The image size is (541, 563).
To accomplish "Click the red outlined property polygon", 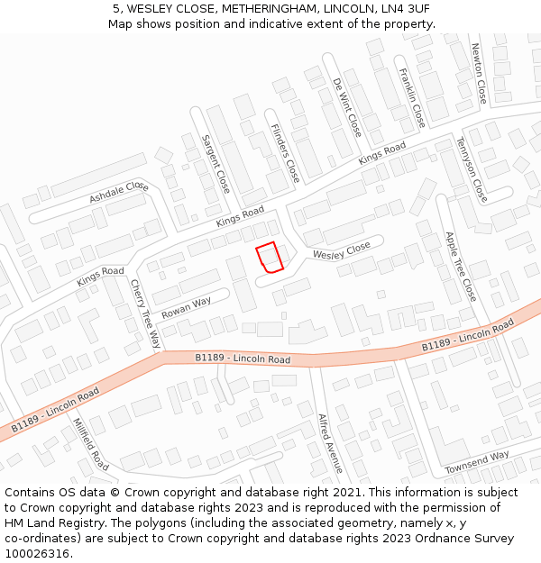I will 270,258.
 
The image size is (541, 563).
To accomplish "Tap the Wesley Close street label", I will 342,251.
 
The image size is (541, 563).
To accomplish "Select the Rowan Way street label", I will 186,306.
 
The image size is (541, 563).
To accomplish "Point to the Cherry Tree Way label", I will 145,313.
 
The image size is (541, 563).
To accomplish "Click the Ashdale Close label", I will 118,192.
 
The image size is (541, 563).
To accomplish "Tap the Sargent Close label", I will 215,164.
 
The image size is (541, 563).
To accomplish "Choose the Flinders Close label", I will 285,152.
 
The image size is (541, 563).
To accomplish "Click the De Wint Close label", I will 347,107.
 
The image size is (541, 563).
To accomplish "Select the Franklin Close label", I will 412,96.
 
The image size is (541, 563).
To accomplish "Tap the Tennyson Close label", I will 472,168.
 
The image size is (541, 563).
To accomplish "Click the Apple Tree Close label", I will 460,266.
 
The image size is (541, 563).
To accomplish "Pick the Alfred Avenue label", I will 330,443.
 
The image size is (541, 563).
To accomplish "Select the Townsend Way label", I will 477,463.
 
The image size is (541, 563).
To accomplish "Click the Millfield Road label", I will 90,444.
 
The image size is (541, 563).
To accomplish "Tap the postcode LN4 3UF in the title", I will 401,9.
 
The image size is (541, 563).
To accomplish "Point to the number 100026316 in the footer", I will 37,553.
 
